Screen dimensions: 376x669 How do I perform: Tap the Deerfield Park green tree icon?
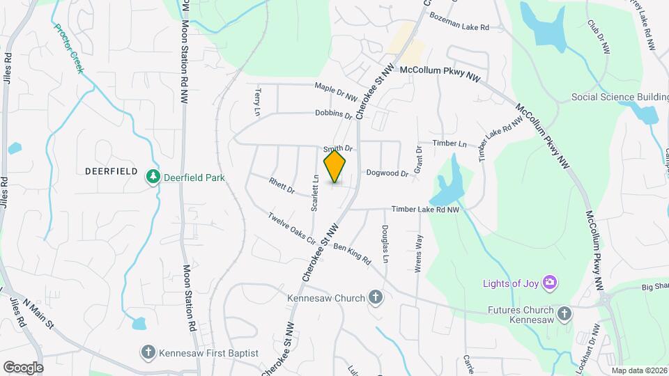click(153, 178)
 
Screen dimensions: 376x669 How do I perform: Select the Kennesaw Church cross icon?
click(376, 298)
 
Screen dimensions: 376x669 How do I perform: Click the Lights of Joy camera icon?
click(550, 282)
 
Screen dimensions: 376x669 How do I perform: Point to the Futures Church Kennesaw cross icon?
click(564, 314)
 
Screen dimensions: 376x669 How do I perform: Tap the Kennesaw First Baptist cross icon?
click(148, 353)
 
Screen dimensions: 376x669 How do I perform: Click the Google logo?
click(23, 368)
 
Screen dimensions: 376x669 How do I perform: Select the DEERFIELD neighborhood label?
click(109, 171)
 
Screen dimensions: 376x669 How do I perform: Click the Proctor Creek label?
click(68, 49)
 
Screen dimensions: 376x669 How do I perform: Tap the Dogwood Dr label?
click(387, 173)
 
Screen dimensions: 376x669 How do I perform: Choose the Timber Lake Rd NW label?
click(425, 209)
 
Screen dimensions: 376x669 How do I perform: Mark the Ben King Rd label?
click(352, 253)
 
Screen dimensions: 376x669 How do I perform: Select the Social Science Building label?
click(620, 97)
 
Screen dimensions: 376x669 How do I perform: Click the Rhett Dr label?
click(282, 186)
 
